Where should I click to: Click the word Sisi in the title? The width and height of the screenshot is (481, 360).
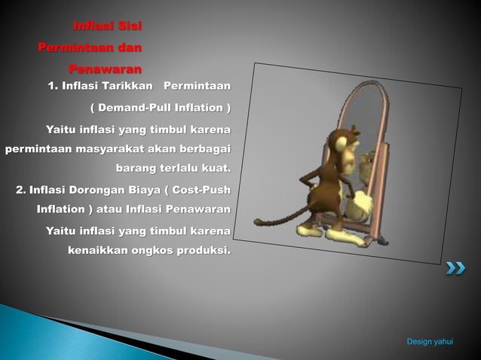point(129,27)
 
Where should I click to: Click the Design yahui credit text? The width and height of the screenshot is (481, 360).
point(430,342)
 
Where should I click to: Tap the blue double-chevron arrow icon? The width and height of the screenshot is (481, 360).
point(455,267)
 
